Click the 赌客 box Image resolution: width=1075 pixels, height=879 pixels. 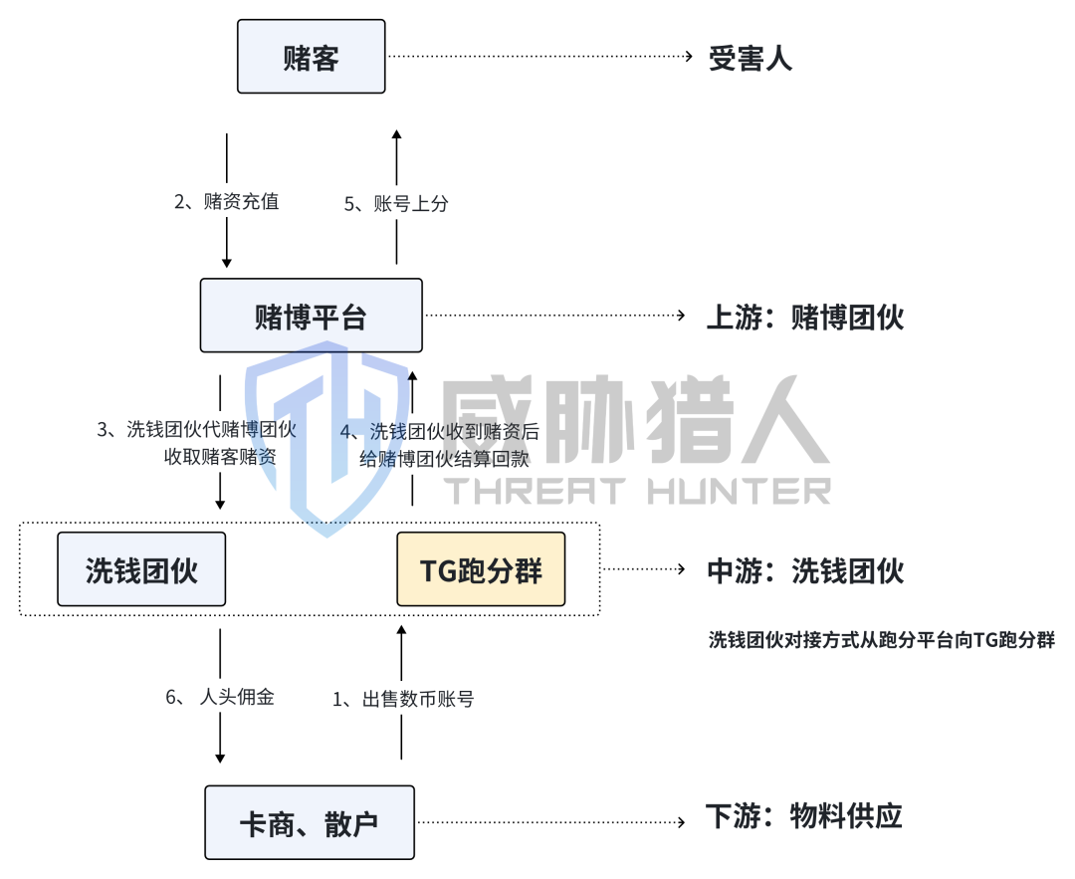click(311, 58)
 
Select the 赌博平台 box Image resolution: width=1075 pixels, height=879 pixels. click(311, 316)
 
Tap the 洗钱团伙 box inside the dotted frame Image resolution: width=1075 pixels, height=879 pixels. click(141, 569)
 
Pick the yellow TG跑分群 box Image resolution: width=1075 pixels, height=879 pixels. click(481, 569)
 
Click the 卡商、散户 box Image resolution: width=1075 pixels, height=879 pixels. click(310, 822)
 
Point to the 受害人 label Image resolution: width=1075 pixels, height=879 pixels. click(751, 58)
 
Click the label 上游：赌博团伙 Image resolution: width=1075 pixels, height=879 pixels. click(804, 317)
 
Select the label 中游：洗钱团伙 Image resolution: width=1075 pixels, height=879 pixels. click(804, 570)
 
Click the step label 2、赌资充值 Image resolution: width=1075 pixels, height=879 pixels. click(226, 202)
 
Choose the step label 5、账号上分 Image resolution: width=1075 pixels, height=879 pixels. click(396, 204)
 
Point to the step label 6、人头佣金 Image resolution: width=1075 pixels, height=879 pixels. click(219, 697)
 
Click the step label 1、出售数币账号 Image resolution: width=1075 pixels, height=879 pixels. click(403, 699)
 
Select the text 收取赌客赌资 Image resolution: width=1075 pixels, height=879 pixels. click(219, 457)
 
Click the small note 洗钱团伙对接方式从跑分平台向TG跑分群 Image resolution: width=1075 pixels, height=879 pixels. click(881, 640)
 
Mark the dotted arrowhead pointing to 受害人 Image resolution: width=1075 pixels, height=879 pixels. click(688, 57)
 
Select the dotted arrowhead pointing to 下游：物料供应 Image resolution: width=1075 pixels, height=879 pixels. click(683, 822)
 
